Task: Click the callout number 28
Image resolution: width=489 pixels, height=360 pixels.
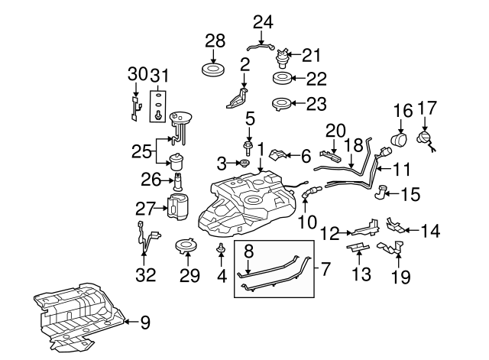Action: (215, 41)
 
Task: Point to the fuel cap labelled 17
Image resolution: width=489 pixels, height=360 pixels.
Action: (423, 140)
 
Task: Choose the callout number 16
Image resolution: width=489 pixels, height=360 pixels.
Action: (403, 111)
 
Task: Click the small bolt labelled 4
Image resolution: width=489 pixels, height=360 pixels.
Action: (221, 248)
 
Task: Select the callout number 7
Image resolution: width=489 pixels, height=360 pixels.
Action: (325, 268)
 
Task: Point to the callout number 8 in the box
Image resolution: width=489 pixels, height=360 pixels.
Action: (248, 250)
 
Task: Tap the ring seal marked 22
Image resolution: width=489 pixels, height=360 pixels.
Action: (284, 78)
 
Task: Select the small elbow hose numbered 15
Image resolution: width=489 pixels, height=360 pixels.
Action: (381, 192)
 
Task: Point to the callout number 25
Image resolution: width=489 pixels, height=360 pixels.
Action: (141, 151)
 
